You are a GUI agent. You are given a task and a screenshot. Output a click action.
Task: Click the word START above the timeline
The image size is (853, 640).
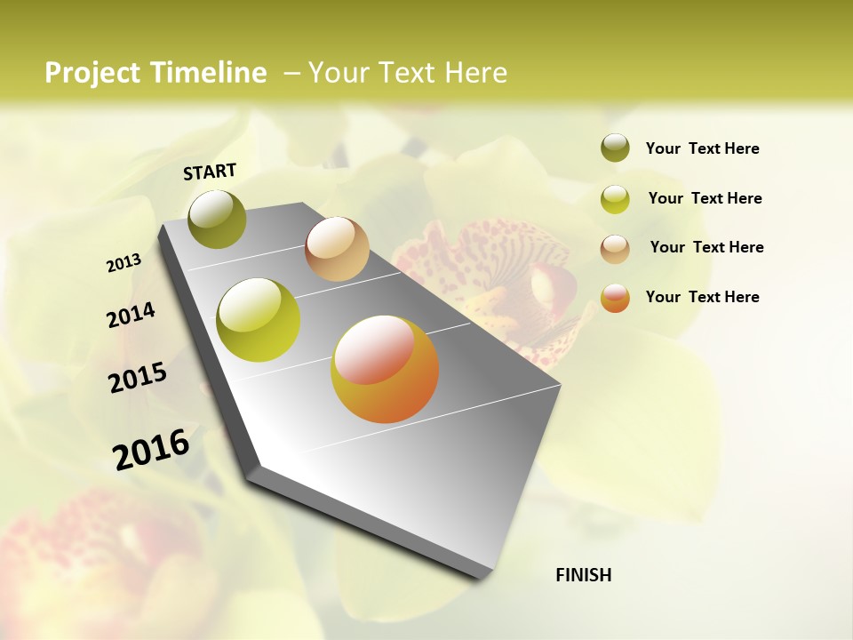(210, 172)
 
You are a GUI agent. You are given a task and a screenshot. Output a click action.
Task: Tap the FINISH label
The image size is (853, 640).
(583, 575)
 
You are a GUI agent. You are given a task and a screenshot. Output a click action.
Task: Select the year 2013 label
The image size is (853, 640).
(124, 263)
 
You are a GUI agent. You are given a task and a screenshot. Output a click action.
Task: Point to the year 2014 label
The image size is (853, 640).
(131, 316)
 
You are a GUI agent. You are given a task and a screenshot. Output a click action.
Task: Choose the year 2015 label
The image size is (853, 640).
(138, 378)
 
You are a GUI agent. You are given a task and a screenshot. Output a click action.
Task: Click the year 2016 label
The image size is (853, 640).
(151, 450)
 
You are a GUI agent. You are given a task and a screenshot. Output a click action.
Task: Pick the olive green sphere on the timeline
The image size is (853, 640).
(218, 219)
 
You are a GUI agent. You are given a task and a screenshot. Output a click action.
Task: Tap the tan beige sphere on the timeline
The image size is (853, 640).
(337, 249)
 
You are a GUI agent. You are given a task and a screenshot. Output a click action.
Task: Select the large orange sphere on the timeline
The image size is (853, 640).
(385, 369)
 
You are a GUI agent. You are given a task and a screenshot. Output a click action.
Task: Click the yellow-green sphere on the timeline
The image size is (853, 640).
(259, 320)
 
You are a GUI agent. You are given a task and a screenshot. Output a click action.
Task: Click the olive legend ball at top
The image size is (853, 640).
(615, 148)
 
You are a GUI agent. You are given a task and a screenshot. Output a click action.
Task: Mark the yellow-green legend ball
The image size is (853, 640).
(615, 199)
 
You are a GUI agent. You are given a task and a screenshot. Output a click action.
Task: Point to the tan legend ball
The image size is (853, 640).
(615, 249)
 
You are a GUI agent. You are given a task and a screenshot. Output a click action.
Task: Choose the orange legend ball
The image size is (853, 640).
(615, 299)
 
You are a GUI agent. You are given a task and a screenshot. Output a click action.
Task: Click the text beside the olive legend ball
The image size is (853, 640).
(702, 149)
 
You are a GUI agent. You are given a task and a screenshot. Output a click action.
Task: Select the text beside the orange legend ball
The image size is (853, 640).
(702, 297)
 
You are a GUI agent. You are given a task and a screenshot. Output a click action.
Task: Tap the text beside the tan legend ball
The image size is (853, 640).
(706, 247)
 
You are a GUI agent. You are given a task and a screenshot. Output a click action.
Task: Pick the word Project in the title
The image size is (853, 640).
(92, 73)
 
